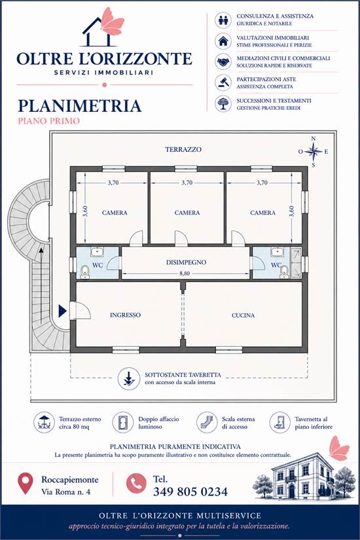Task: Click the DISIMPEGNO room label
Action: [186, 262]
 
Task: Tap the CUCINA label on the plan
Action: [243, 315]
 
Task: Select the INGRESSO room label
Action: [125, 315]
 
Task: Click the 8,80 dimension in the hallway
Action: [185, 274]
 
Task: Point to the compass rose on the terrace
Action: [313, 152]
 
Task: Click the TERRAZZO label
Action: [183, 149]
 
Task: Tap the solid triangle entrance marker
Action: [62, 311]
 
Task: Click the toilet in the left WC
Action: [84, 272]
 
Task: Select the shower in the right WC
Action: [296, 262]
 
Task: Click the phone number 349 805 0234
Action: [190, 492]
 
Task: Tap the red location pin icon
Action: [25, 483]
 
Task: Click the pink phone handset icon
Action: [136, 484]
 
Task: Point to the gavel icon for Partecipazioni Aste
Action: [223, 82]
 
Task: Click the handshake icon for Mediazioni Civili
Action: [223, 62]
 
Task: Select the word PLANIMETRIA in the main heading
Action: [80, 106]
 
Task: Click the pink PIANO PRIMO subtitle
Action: [49, 121]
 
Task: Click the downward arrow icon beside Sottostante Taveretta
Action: [128, 379]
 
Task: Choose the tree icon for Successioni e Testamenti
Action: [223, 103]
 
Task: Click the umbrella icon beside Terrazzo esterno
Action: [44, 422]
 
